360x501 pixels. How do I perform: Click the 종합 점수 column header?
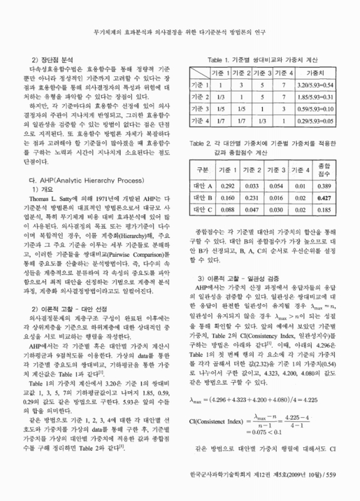point(322,170)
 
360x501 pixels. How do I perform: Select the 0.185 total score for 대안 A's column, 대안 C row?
point(322,209)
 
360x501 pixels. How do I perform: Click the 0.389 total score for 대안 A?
point(322,186)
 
